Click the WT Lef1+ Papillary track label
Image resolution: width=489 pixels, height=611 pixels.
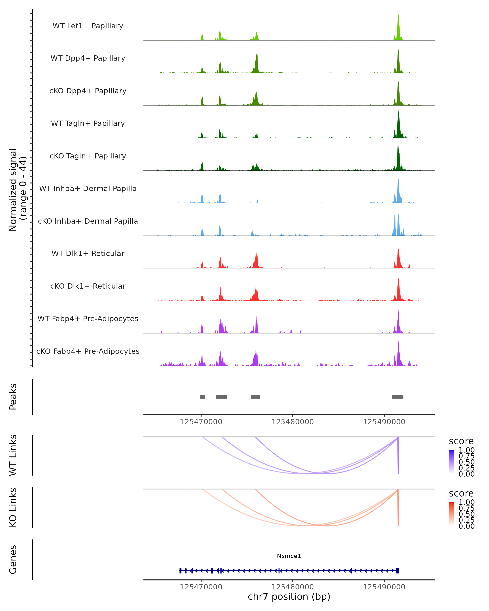[88, 26]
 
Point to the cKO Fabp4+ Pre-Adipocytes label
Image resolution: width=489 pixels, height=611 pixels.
[88, 351]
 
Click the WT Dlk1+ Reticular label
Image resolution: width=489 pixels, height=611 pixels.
[88, 253]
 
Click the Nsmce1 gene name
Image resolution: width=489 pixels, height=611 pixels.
[289, 556]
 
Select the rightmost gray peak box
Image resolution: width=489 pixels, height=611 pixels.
[398, 397]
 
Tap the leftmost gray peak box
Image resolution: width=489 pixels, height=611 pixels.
[202, 397]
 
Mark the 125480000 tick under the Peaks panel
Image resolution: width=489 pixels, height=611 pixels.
[293, 422]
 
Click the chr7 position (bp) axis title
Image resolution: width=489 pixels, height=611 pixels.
[289, 597]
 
